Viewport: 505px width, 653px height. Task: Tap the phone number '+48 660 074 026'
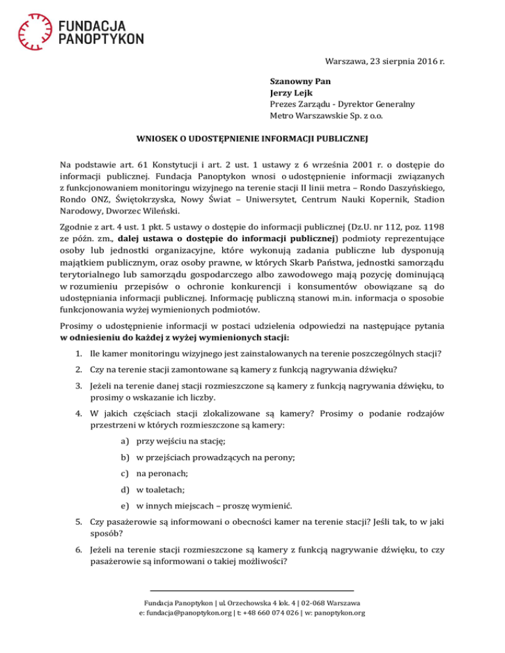pos(283,613)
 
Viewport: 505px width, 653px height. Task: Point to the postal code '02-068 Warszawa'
pos(328,602)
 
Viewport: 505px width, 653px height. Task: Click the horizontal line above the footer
pos(252,590)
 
